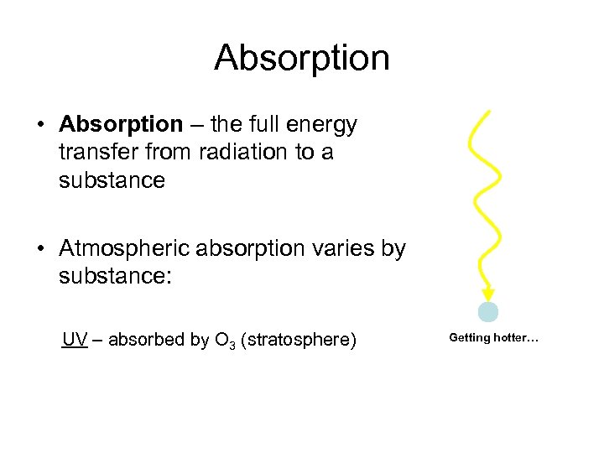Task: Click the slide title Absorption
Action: tap(302, 58)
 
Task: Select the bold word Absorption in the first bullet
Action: tap(121, 125)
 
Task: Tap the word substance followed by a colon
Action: tap(114, 276)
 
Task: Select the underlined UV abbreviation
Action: tap(75, 340)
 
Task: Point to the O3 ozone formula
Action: tap(224, 341)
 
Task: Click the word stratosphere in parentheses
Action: tap(298, 340)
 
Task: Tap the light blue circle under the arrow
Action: tap(488, 313)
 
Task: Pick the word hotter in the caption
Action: tap(517, 338)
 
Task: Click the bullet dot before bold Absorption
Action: tap(40, 126)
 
